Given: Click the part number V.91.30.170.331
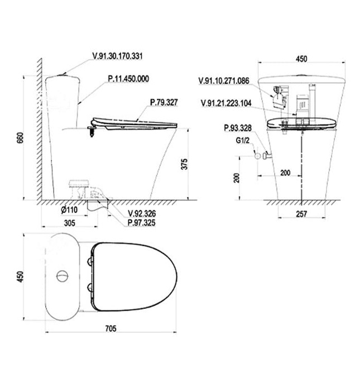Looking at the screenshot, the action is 118,56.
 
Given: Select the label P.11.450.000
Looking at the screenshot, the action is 128,79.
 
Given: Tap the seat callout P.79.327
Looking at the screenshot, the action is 164,102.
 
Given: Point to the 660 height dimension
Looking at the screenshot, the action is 20,137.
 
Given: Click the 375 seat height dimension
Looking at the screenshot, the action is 184,164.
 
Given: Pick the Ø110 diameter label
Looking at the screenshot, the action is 69,210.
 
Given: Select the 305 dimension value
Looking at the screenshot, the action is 70,223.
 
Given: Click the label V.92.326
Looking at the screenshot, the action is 142,213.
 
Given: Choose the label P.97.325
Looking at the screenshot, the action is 142,223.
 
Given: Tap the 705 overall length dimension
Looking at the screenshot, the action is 111,328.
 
